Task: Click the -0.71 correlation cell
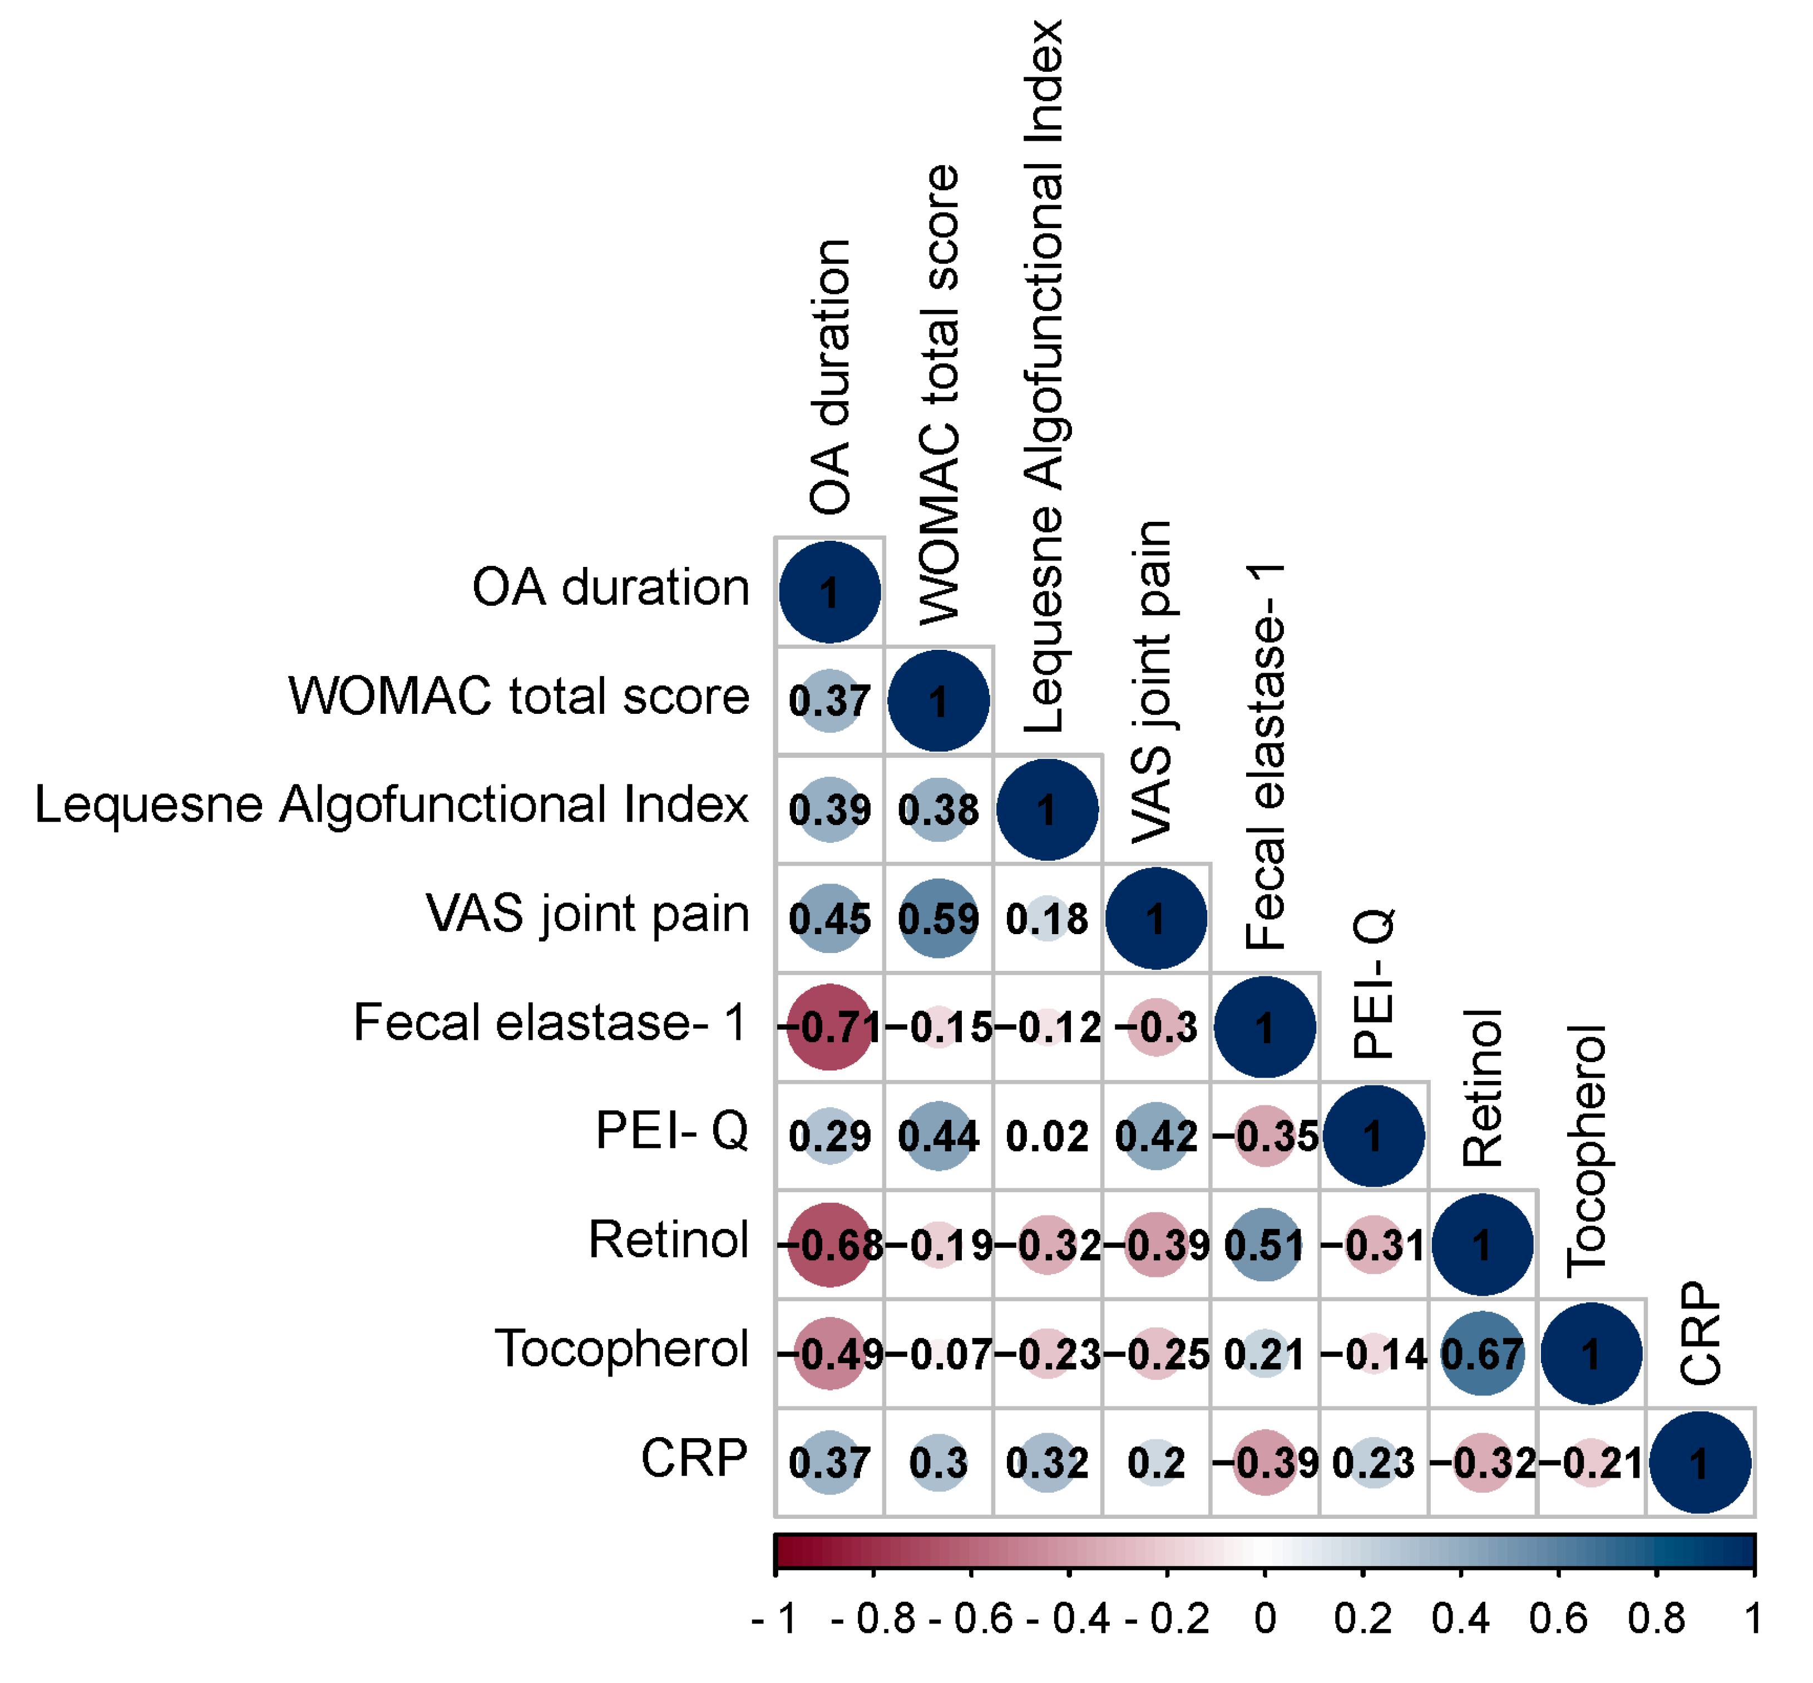(829, 1027)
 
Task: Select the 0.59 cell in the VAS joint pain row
(938, 918)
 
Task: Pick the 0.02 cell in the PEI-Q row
(1047, 1136)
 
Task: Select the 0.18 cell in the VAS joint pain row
(1047, 918)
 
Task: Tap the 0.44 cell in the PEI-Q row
(938, 1136)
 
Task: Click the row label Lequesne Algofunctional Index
(392, 805)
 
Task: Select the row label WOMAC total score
(519, 697)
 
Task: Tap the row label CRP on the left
(694, 1458)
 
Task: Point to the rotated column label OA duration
(831, 377)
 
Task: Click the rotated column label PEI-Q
(1372, 984)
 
